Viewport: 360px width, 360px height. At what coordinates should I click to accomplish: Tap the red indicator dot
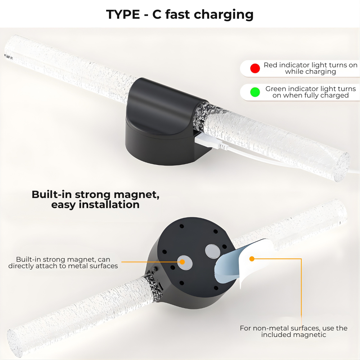coord(255,68)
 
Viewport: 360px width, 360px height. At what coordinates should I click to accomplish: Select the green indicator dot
coord(255,92)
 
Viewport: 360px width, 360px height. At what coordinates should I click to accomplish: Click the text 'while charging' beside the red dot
coord(310,72)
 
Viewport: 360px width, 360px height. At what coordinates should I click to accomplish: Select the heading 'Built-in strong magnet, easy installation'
coord(95,199)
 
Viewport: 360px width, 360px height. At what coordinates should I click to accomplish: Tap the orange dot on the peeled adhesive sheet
coord(252,258)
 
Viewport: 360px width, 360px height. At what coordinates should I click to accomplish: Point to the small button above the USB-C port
coord(155,269)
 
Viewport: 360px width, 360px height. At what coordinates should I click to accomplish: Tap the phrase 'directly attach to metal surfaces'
coord(63,266)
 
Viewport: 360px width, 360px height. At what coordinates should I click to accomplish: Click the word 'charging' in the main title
coord(224,15)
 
